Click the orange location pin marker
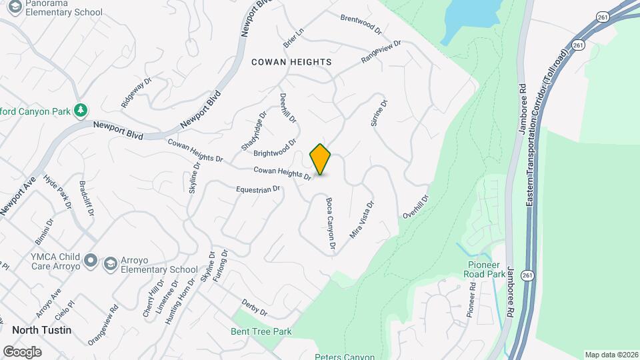coord(321,159)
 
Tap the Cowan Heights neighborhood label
coord(291,62)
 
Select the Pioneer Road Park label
coord(494,269)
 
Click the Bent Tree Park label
coord(261,331)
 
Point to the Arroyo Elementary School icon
coord(109,265)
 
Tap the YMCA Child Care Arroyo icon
coord(91,260)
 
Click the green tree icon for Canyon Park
coord(81,110)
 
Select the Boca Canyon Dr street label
coord(329,224)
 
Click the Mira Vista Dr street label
coord(362,219)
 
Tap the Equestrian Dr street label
coord(259,190)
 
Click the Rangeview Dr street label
coord(381,52)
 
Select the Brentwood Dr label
coord(361,25)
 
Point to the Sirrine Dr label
coord(378,113)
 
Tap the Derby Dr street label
coord(254,307)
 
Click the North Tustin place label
coord(41,330)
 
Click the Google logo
coord(22,351)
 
